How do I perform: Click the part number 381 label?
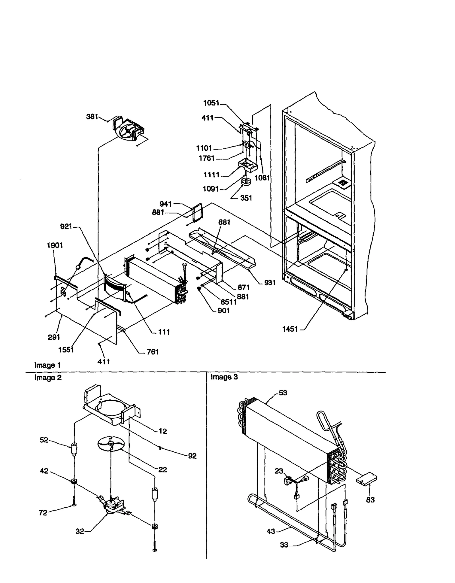[x=92, y=117]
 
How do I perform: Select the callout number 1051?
[x=211, y=103]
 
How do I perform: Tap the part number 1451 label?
[x=290, y=329]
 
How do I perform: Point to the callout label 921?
[x=66, y=227]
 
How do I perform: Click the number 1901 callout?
[x=55, y=245]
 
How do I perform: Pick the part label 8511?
[x=229, y=302]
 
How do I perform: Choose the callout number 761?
[x=152, y=352]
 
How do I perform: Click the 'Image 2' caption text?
[x=48, y=378]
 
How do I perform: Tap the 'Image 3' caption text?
[x=224, y=377]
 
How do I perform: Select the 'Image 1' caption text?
[x=47, y=365]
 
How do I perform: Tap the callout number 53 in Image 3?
[x=283, y=393]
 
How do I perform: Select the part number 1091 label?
[x=210, y=189]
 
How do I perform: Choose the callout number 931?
[x=270, y=283]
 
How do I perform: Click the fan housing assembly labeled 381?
[x=128, y=130]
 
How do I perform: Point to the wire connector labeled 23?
[x=288, y=480]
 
